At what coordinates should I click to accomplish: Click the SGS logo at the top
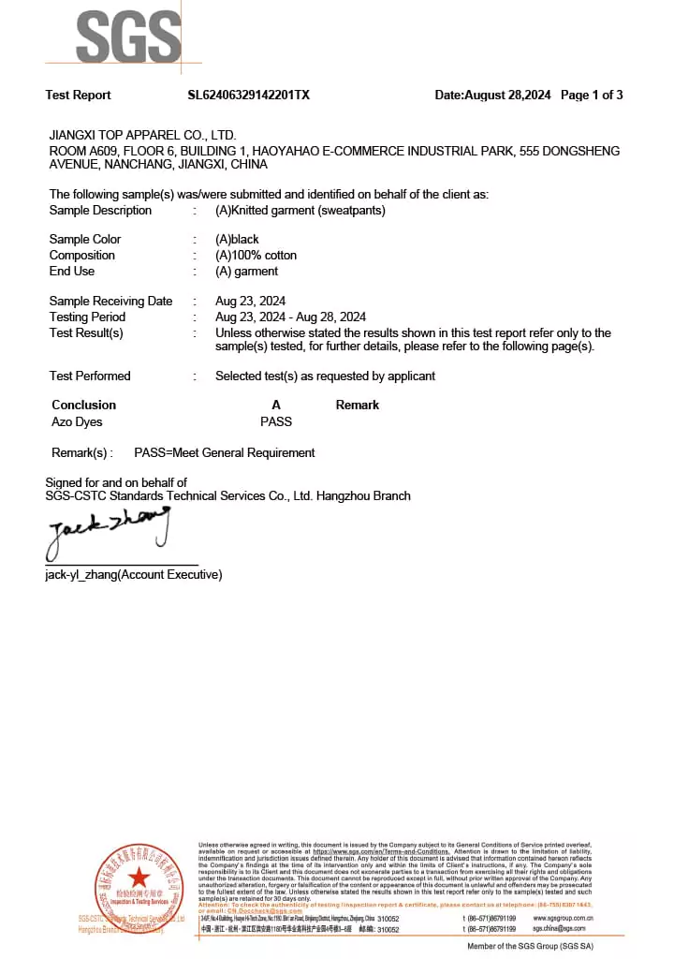127,37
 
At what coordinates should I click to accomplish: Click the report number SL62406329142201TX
248,95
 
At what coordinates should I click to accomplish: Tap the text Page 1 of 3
592,95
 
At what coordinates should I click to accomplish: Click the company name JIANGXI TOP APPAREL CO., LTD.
142,135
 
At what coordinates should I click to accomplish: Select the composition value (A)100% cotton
256,255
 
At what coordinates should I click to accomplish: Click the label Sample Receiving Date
110,301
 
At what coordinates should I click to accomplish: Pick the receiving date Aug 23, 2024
250,301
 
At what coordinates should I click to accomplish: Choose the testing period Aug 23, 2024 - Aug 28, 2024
290,317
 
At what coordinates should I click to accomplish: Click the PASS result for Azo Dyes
276,421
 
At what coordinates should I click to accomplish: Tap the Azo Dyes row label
77,421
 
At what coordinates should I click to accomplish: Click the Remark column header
358,405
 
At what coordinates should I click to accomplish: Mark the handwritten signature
108,531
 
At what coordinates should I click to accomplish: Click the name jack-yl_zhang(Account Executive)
134,574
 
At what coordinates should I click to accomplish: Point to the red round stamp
139,886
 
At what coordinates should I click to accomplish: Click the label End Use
72,271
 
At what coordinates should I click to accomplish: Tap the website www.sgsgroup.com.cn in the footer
564,918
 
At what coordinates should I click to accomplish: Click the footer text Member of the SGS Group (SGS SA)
530,946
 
